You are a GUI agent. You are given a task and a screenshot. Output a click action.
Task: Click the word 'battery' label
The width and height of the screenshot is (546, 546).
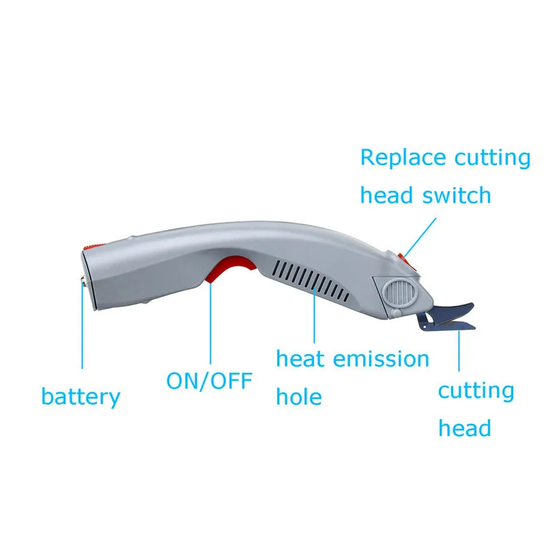tap(81, 397)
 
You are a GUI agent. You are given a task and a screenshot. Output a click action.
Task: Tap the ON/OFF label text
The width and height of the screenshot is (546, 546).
tap(210, 380)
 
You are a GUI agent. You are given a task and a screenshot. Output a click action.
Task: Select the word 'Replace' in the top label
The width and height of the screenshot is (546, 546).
tap(400, 158)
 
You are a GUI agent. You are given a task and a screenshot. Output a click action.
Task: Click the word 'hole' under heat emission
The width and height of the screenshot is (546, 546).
tap(298, 397)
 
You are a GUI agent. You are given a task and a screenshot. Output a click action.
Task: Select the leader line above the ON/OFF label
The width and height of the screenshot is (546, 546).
tap(210, 321)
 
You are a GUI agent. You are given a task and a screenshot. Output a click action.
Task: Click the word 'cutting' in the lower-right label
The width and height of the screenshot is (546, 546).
tap(476, 391)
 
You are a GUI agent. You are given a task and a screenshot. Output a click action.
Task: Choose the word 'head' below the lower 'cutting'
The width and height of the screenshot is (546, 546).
tap(464, 429)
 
